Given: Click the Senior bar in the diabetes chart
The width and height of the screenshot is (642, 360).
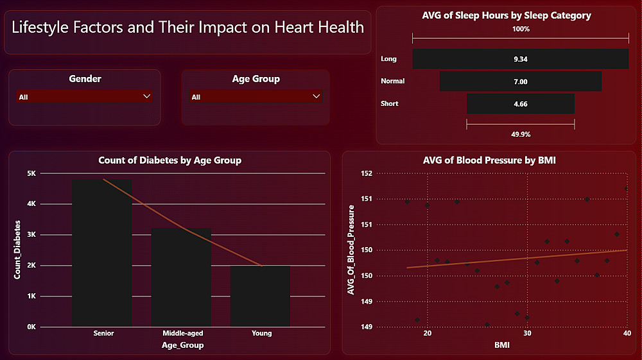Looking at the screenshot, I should point(102,253).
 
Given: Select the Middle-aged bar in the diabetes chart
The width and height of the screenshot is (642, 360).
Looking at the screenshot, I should point(182,277).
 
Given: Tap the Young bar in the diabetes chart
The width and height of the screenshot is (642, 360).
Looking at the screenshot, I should point(261,296).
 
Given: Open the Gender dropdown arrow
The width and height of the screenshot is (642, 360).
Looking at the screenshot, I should point(147,96).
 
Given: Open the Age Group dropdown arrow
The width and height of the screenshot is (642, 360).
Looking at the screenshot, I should point(316,96).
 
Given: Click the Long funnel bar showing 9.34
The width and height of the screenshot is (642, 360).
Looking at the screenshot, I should point(521,59).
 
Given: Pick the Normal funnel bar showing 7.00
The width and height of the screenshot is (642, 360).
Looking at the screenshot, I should point(521,81).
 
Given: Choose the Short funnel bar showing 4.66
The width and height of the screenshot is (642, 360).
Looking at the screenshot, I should point(521,104).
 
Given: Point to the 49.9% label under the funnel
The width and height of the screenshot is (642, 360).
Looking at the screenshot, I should point(521,134).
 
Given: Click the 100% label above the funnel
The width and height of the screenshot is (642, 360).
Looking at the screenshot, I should point(521,29).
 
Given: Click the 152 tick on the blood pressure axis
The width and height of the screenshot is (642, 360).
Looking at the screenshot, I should point(366,173).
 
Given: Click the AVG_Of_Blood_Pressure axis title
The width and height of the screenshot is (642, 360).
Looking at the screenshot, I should point(351,250).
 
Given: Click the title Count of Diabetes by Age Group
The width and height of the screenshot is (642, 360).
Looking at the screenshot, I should point(169,160).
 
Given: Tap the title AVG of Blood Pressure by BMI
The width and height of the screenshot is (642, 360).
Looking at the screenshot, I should point(489,160).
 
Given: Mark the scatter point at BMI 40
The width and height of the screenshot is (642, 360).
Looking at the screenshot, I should point(627,189).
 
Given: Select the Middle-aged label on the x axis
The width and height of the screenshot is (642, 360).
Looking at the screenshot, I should point(182,333).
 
